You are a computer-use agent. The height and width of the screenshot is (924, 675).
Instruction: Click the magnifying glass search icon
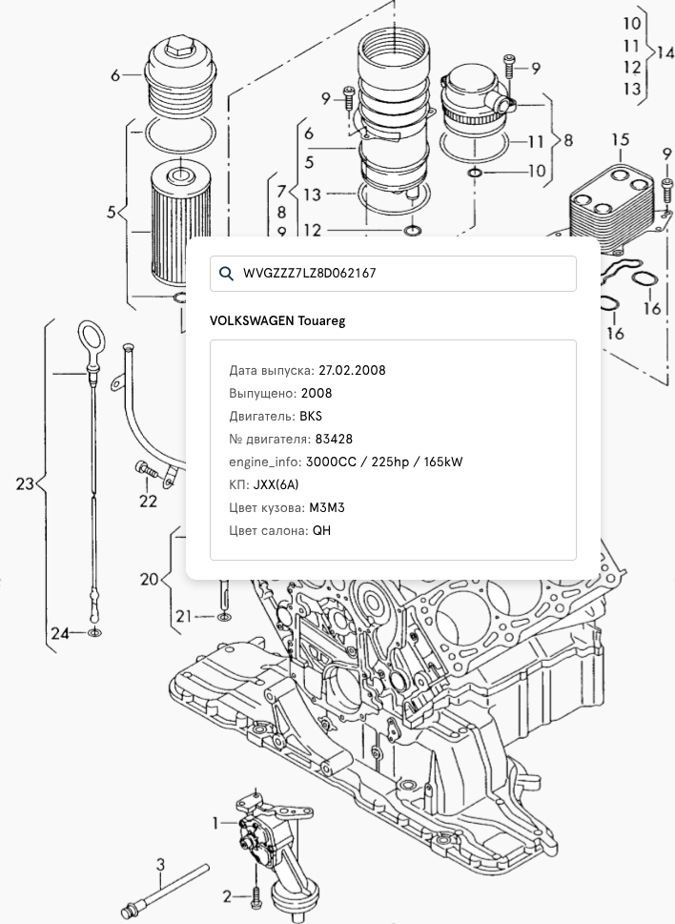tap(226, 273)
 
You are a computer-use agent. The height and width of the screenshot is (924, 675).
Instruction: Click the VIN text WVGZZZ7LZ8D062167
tap(309, 274)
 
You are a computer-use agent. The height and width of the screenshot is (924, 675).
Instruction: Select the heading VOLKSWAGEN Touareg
tap(277, 321)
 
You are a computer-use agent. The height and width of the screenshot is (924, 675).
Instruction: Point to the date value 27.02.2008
tap(352, 371)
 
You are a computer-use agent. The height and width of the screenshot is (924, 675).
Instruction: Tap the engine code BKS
tap(311, 416)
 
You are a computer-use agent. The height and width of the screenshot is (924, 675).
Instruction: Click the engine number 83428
tap(334, 439)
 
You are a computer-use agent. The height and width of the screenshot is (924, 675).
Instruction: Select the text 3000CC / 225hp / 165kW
tap(384, 462)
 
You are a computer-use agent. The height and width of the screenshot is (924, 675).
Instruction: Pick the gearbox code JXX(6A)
tap(276, 485)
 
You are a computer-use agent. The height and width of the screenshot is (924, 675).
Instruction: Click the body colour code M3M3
tap(327, 507)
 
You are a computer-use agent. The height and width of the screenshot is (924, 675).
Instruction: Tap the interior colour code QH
tap(321, 531)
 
